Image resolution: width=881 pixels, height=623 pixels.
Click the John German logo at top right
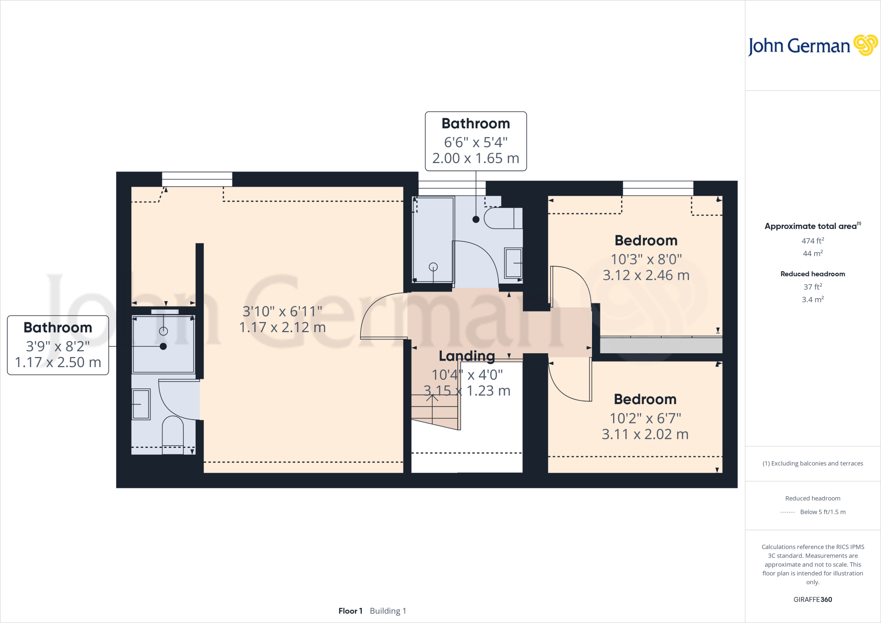click(x=812, y=46)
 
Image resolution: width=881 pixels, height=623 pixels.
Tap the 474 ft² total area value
click(x=813, y=241)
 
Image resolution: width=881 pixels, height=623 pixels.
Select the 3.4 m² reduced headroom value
click(x=813, y=299)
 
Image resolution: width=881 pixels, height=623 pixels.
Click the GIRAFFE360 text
click(x=813, y=599)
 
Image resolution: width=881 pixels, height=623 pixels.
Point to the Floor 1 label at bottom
click(x=350, y=611)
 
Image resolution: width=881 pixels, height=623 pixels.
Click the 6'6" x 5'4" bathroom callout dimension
click(x=476, y=142)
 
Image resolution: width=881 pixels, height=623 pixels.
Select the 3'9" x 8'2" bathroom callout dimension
click(x=58, y=346)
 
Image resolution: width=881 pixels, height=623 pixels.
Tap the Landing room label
click(x=467, y=356)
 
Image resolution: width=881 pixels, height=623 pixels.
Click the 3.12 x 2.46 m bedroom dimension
click(x=646, y=275)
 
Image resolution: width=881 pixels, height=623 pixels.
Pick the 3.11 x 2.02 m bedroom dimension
click(x=645, y=434)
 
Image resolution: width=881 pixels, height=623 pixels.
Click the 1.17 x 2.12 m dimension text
click(x=282, y=327)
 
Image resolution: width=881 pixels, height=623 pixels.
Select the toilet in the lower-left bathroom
click(x=173, y=434)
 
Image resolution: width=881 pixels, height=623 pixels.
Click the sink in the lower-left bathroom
click(x=141, y=404)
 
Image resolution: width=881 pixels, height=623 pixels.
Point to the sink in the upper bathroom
click(x=513, y=263)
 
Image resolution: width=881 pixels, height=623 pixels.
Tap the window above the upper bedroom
click(x=658, y=188)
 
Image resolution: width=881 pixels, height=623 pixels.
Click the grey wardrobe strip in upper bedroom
click(x=661, y=345)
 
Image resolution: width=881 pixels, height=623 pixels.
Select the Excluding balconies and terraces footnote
click(x=813, y=463)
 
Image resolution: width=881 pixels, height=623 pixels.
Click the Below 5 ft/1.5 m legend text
click(x=822, y=512)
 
